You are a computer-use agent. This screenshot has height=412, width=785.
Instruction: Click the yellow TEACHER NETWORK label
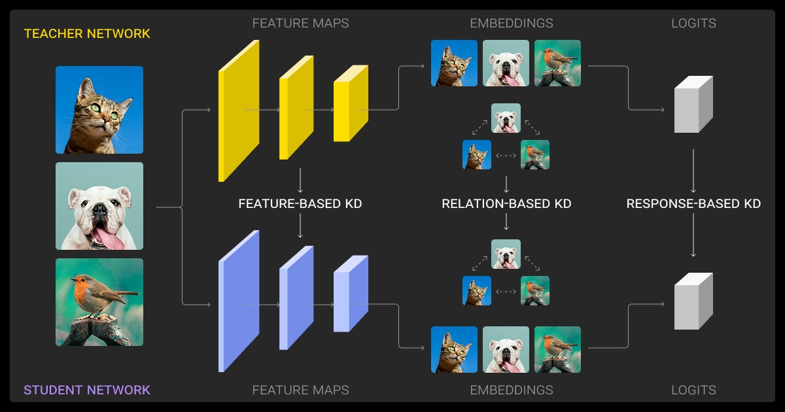(x=87, y=33)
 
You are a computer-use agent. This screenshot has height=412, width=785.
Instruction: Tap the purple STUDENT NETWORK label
(x=87, y=390)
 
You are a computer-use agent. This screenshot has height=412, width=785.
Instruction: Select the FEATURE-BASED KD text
(x=300, y=204)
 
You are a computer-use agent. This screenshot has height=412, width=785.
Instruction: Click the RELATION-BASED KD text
(x=506, y=204)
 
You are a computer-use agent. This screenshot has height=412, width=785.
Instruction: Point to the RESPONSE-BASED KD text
(x=693, y=204)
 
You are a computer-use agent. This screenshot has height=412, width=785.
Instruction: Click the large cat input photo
(x=99, y=110)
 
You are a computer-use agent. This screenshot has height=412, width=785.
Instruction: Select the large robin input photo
(x=99, y=302)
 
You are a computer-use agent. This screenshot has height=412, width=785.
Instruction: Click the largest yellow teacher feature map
(x=238, y=110)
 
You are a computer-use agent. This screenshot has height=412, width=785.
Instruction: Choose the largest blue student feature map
(x=238, y=301)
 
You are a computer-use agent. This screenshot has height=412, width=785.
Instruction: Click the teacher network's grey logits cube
(x=693, y=105)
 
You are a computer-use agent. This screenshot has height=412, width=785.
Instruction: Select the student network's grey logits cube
(x=693, y=301)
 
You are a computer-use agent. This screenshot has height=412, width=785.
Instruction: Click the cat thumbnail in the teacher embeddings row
(x=454, y=63)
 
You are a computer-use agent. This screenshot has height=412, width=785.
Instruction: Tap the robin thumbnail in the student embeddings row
(x=557, y=349)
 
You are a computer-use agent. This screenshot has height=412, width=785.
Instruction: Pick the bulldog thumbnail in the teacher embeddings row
(x=506, y=63)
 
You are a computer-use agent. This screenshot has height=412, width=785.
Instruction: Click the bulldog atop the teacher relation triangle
(x=506, y=118)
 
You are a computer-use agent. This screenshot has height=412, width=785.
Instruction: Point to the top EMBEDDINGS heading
(x=511, y=24)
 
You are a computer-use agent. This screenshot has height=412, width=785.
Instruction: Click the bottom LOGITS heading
(x=693, y=390)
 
